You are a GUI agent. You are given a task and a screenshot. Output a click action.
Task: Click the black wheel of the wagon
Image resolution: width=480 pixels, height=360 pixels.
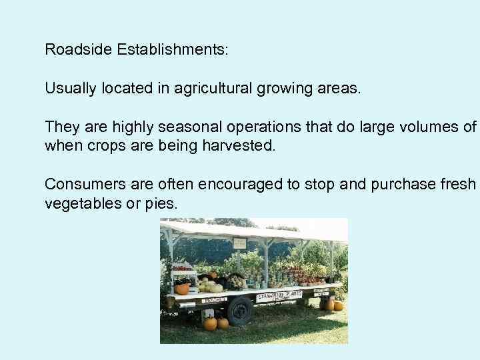(239, 311)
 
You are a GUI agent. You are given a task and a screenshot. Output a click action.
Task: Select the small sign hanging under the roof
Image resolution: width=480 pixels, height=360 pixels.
(239, 243)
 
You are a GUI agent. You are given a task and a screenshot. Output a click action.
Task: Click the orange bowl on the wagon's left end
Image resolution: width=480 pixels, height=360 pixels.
(181, 289)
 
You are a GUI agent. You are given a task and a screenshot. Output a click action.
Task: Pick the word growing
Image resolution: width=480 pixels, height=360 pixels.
(285, 88)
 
